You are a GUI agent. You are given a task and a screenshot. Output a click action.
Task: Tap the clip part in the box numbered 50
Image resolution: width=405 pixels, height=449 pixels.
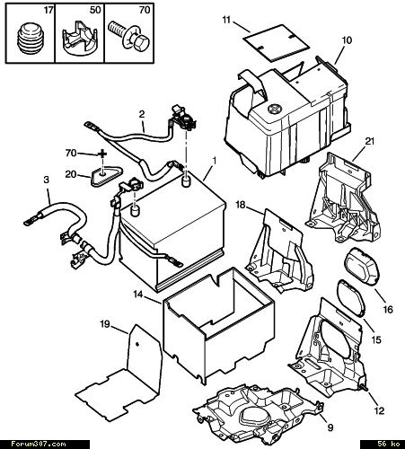pyautogui.click(x=79, y=40)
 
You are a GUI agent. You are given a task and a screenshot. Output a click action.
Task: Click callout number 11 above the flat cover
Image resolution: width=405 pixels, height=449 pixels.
pyautogui.click(x=226, y=20)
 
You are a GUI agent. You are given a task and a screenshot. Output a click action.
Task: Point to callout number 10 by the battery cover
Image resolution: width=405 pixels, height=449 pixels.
pyautogui.click(x=347, y=40)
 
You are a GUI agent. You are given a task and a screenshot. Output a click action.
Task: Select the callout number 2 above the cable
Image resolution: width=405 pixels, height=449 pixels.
pyautogui.click(x=142, y=114)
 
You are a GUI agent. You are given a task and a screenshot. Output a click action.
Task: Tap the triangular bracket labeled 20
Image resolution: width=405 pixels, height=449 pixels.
pyautogui.click(x=106, y=176)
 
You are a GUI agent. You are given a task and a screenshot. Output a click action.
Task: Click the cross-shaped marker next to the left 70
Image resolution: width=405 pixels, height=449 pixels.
pyautogui.click(x=102, y=154)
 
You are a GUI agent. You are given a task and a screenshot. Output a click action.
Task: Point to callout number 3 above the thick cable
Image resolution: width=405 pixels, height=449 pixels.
pyautogui.click(x=46, y=180)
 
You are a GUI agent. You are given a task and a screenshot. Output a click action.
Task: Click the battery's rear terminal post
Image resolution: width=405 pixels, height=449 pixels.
pyautogui.click(x=187, y=181)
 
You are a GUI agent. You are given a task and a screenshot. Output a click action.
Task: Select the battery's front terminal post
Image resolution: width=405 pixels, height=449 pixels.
pyautogui.click(x=136, y=210)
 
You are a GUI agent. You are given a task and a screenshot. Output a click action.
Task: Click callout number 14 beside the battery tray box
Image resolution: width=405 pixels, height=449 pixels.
pyautogui.click(x=138, y=295)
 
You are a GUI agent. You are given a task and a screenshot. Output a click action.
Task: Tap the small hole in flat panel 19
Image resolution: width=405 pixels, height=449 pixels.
pyautogui.click(x=137, y=344)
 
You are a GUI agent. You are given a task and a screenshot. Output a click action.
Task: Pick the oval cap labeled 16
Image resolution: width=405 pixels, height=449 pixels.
pyautogui.click(x=363, y=269)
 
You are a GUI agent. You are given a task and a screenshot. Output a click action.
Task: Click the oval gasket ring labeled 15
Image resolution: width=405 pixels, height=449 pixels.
pyautogui.click(x=351, y=298)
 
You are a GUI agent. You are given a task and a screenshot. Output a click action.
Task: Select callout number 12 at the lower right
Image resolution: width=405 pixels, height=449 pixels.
pyautogui.click(x=379, y=410)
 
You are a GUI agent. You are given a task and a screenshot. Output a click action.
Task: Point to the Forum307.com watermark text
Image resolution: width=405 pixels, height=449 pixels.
pyautogui.click(x=39, y=444)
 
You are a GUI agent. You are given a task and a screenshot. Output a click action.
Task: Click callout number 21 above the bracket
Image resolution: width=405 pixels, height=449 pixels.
pyautogui.click(x=370, y=141)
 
